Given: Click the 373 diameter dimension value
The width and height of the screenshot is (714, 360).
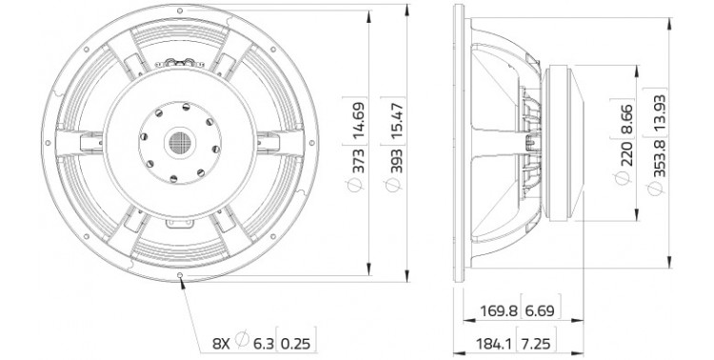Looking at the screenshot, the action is (x=359, y=161).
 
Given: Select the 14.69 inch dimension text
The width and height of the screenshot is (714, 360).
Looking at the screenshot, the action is (x=359, y=121).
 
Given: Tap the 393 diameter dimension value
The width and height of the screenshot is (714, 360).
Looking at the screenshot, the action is (x=397, y=161).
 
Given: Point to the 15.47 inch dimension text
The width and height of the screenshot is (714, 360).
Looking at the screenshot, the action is (x=397, y=121).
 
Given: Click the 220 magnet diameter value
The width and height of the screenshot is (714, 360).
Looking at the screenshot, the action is (x=626, y=154).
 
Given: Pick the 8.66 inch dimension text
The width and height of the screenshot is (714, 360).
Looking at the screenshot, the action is (x=626, y=119).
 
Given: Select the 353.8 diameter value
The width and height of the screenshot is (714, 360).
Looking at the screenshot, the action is (x=659, y=158).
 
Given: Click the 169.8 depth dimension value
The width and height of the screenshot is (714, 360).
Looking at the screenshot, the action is (x=499, y=310).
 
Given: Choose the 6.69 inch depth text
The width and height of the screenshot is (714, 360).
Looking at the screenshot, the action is (x=540, y=310).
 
